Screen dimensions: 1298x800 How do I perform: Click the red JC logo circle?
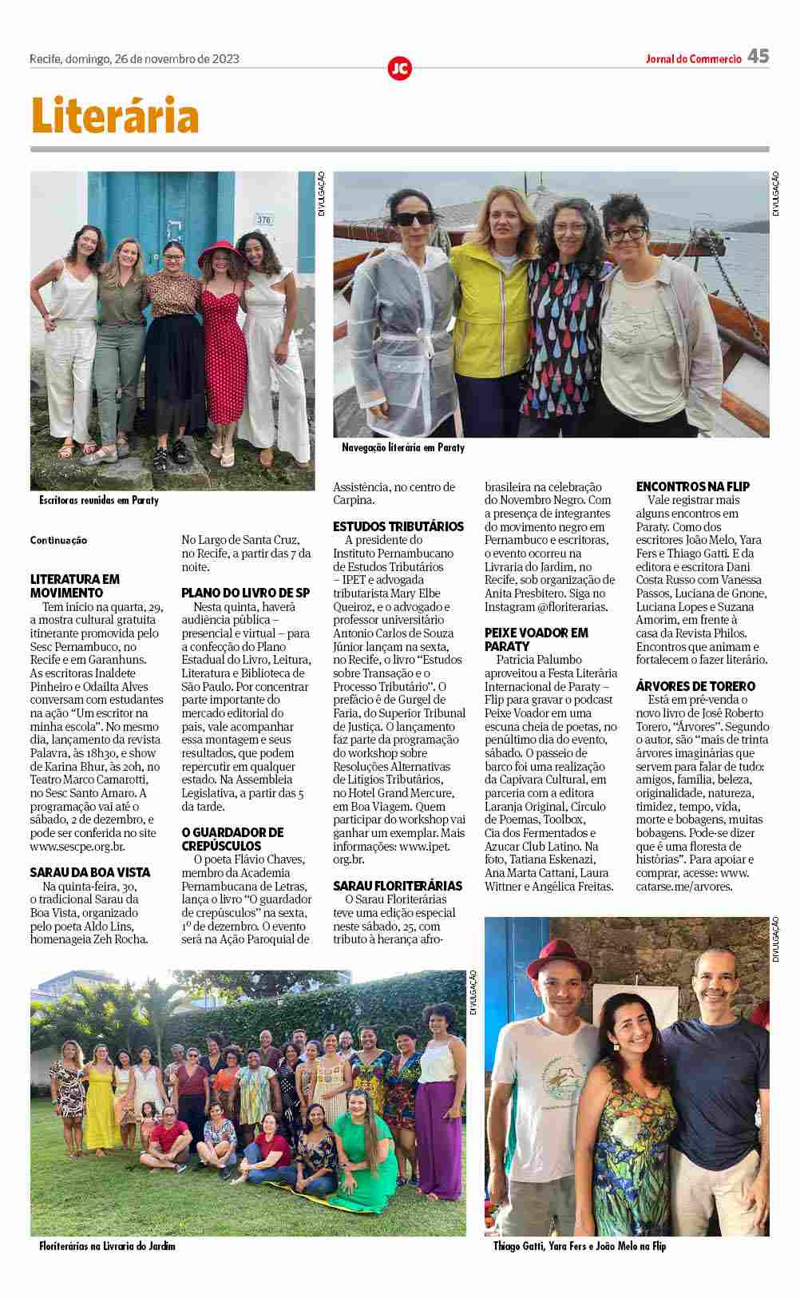[399, 69]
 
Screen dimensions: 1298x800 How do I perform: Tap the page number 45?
[758, 56]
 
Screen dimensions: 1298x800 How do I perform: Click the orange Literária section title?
[115, 116]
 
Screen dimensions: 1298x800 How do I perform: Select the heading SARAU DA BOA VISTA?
[90, 872]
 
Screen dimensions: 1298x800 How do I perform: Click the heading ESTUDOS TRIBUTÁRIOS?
[398, 526]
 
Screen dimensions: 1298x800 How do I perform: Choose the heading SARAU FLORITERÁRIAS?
[398, 886]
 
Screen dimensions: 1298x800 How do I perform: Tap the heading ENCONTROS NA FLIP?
[693, 486]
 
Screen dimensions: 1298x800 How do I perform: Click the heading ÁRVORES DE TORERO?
[695, 686]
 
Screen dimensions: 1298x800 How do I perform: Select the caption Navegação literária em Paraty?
[402, 448]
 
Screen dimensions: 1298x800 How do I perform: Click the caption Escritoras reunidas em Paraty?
[99, 500]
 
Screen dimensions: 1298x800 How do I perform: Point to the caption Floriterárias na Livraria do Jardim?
[107, 1245]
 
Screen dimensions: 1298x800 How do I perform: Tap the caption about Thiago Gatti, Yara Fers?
[579, 1245]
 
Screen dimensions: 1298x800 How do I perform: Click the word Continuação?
[58, 541]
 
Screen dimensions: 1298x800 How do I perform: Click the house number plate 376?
[263, 218]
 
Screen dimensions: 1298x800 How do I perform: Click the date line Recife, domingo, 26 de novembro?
[134, 58]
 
